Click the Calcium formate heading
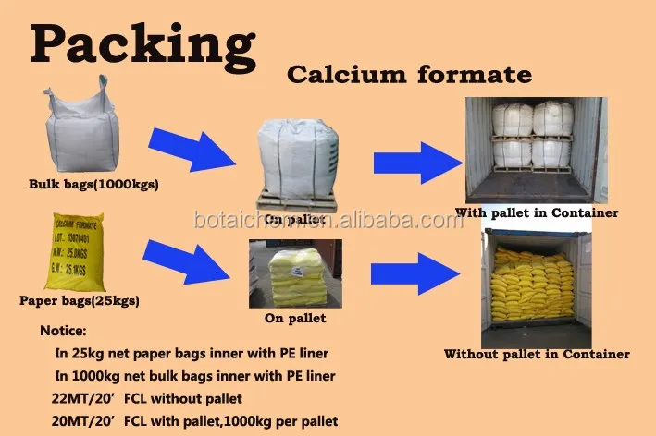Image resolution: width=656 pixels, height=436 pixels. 408,75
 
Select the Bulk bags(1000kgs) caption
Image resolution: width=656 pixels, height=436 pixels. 93,184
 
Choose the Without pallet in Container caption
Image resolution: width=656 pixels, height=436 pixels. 537,354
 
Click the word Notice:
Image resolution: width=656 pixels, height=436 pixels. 64,330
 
